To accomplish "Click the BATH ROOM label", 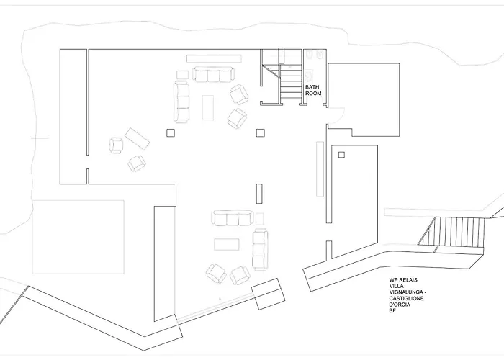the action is click(x=313, y=90).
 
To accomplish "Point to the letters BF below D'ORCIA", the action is click(x=392, y=310).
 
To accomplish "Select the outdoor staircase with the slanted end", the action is click(x=451, y=232).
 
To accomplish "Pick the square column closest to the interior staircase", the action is click(x=261, y=132).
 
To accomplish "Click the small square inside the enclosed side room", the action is click(x=341, y=155).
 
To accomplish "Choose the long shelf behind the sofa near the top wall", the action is click(x=214, y=58).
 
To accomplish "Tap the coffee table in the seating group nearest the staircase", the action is click(x=207, y=107).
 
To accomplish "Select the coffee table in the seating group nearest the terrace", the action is click(x=227, y=244).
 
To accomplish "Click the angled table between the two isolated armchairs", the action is click(x=138, y=139).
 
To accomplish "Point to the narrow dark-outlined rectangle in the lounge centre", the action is click(x=259, y=194).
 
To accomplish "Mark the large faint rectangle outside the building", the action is click(x=78, y=237).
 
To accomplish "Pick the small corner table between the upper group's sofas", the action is click(x=183, y=75).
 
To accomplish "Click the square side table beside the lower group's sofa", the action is click(x=260, y=219).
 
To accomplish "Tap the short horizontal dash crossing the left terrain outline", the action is click(x=40, y=138).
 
